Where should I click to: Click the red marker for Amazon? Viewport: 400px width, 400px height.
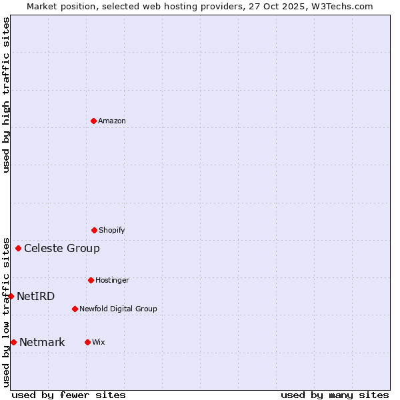(93, 121)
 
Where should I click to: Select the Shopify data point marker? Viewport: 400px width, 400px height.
(94, 230)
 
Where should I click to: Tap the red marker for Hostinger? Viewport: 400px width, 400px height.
(91, 280)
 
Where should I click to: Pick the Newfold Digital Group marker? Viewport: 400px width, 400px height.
(75, 309)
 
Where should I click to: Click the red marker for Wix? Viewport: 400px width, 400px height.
(87, 342)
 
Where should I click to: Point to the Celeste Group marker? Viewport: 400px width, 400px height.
(18, 248)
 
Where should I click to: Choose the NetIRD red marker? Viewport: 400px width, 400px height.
(11, 296)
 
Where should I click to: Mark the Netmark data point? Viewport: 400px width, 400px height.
(13, 342)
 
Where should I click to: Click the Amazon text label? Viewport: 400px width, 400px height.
(112, 121)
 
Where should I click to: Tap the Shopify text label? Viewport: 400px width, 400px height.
(112, 230)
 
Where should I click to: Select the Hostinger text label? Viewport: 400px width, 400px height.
(112, 280)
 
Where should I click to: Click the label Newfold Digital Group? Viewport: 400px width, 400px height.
(118, 309)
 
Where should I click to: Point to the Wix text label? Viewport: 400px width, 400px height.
(99, 342)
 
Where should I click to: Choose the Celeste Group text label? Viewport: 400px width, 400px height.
(62, 248)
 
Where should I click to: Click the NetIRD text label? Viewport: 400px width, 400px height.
(36, 296)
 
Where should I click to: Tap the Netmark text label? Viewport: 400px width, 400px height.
(42, 342)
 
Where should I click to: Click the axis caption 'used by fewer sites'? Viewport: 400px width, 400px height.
(69, 395)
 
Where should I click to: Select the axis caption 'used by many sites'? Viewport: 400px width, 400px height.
(335, 395)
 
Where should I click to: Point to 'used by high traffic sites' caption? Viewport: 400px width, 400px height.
(6, 95)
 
